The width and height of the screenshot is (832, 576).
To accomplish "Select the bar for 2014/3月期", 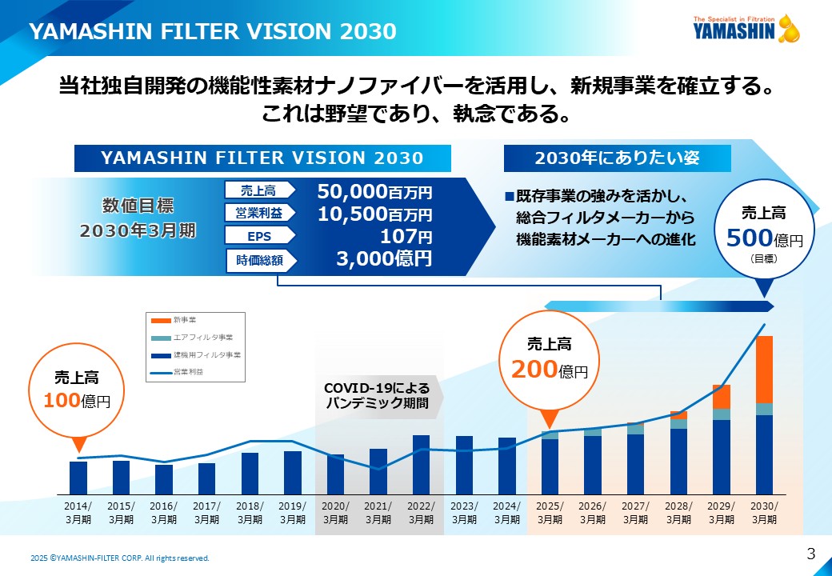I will pos(78,478).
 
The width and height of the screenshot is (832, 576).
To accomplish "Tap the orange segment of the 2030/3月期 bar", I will pos(765,369).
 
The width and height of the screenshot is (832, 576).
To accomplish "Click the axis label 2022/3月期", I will pos(422,513).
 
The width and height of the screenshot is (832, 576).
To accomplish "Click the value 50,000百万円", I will pos(374,192).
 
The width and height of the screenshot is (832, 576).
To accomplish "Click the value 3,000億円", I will pos(374,258).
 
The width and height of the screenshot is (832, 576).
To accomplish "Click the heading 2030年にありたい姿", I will pos(617,158).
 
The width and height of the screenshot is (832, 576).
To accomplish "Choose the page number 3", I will pos(810,554).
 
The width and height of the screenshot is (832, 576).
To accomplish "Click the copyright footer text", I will pos(120,558).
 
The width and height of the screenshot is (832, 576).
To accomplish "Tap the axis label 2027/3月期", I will pos(635,513).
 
